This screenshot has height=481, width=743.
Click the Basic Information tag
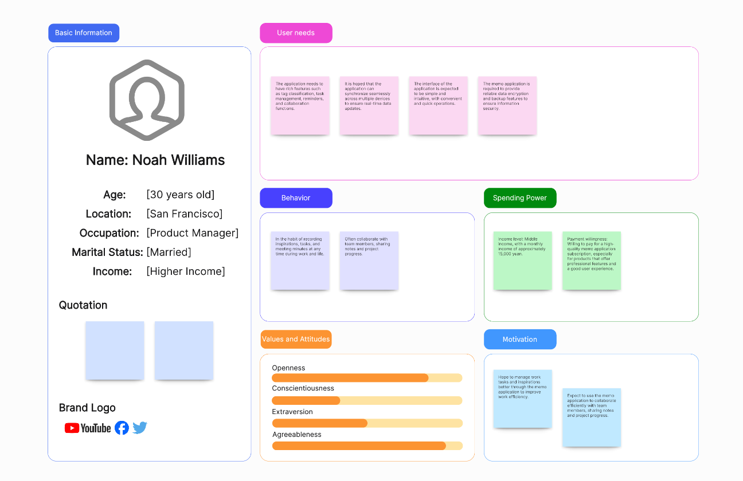coord(84,33)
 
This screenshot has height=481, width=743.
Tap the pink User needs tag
coord(296,33)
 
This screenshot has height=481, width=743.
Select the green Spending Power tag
coord(520,198)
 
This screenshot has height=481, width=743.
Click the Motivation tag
coord(520,340)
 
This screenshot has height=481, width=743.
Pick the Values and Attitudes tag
coord(296,340)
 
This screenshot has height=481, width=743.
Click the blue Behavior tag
coord(296,198)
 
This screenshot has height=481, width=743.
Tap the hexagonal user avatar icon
coord(147,100)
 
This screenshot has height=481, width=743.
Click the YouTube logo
coord(88,428)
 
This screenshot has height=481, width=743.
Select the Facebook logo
coord(122,428)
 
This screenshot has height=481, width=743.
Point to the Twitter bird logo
coord(140,428)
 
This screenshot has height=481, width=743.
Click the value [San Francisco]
coord(185,214)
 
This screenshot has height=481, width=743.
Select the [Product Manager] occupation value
coord(193,233)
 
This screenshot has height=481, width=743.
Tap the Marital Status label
coord(107,253)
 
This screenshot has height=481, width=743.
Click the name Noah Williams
coord(155,160)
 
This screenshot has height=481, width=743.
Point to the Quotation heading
coord(83,305)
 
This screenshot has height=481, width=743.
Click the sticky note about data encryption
coord(507,106)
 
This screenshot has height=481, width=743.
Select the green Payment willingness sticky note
coord(592,261)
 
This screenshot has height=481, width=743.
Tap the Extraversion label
coord(292,412)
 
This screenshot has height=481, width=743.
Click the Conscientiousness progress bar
coord(367,401)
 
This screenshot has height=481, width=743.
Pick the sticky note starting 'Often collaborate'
coord(369,261)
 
